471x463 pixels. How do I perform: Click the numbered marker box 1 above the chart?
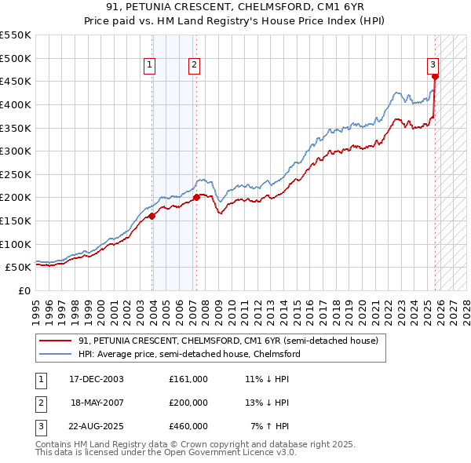[149, 66]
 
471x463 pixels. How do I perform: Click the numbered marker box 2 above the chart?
[193, 66]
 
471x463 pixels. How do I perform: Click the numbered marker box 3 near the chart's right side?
[433, 66]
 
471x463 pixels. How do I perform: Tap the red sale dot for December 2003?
[152, 216]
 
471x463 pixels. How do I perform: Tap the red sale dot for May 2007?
[196, 198]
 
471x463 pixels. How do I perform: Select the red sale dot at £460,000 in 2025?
[435, 77]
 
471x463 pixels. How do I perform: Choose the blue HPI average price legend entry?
[189, 354]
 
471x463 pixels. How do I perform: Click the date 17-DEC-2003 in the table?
[97, 378]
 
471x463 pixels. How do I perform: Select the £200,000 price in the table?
[188, 403]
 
